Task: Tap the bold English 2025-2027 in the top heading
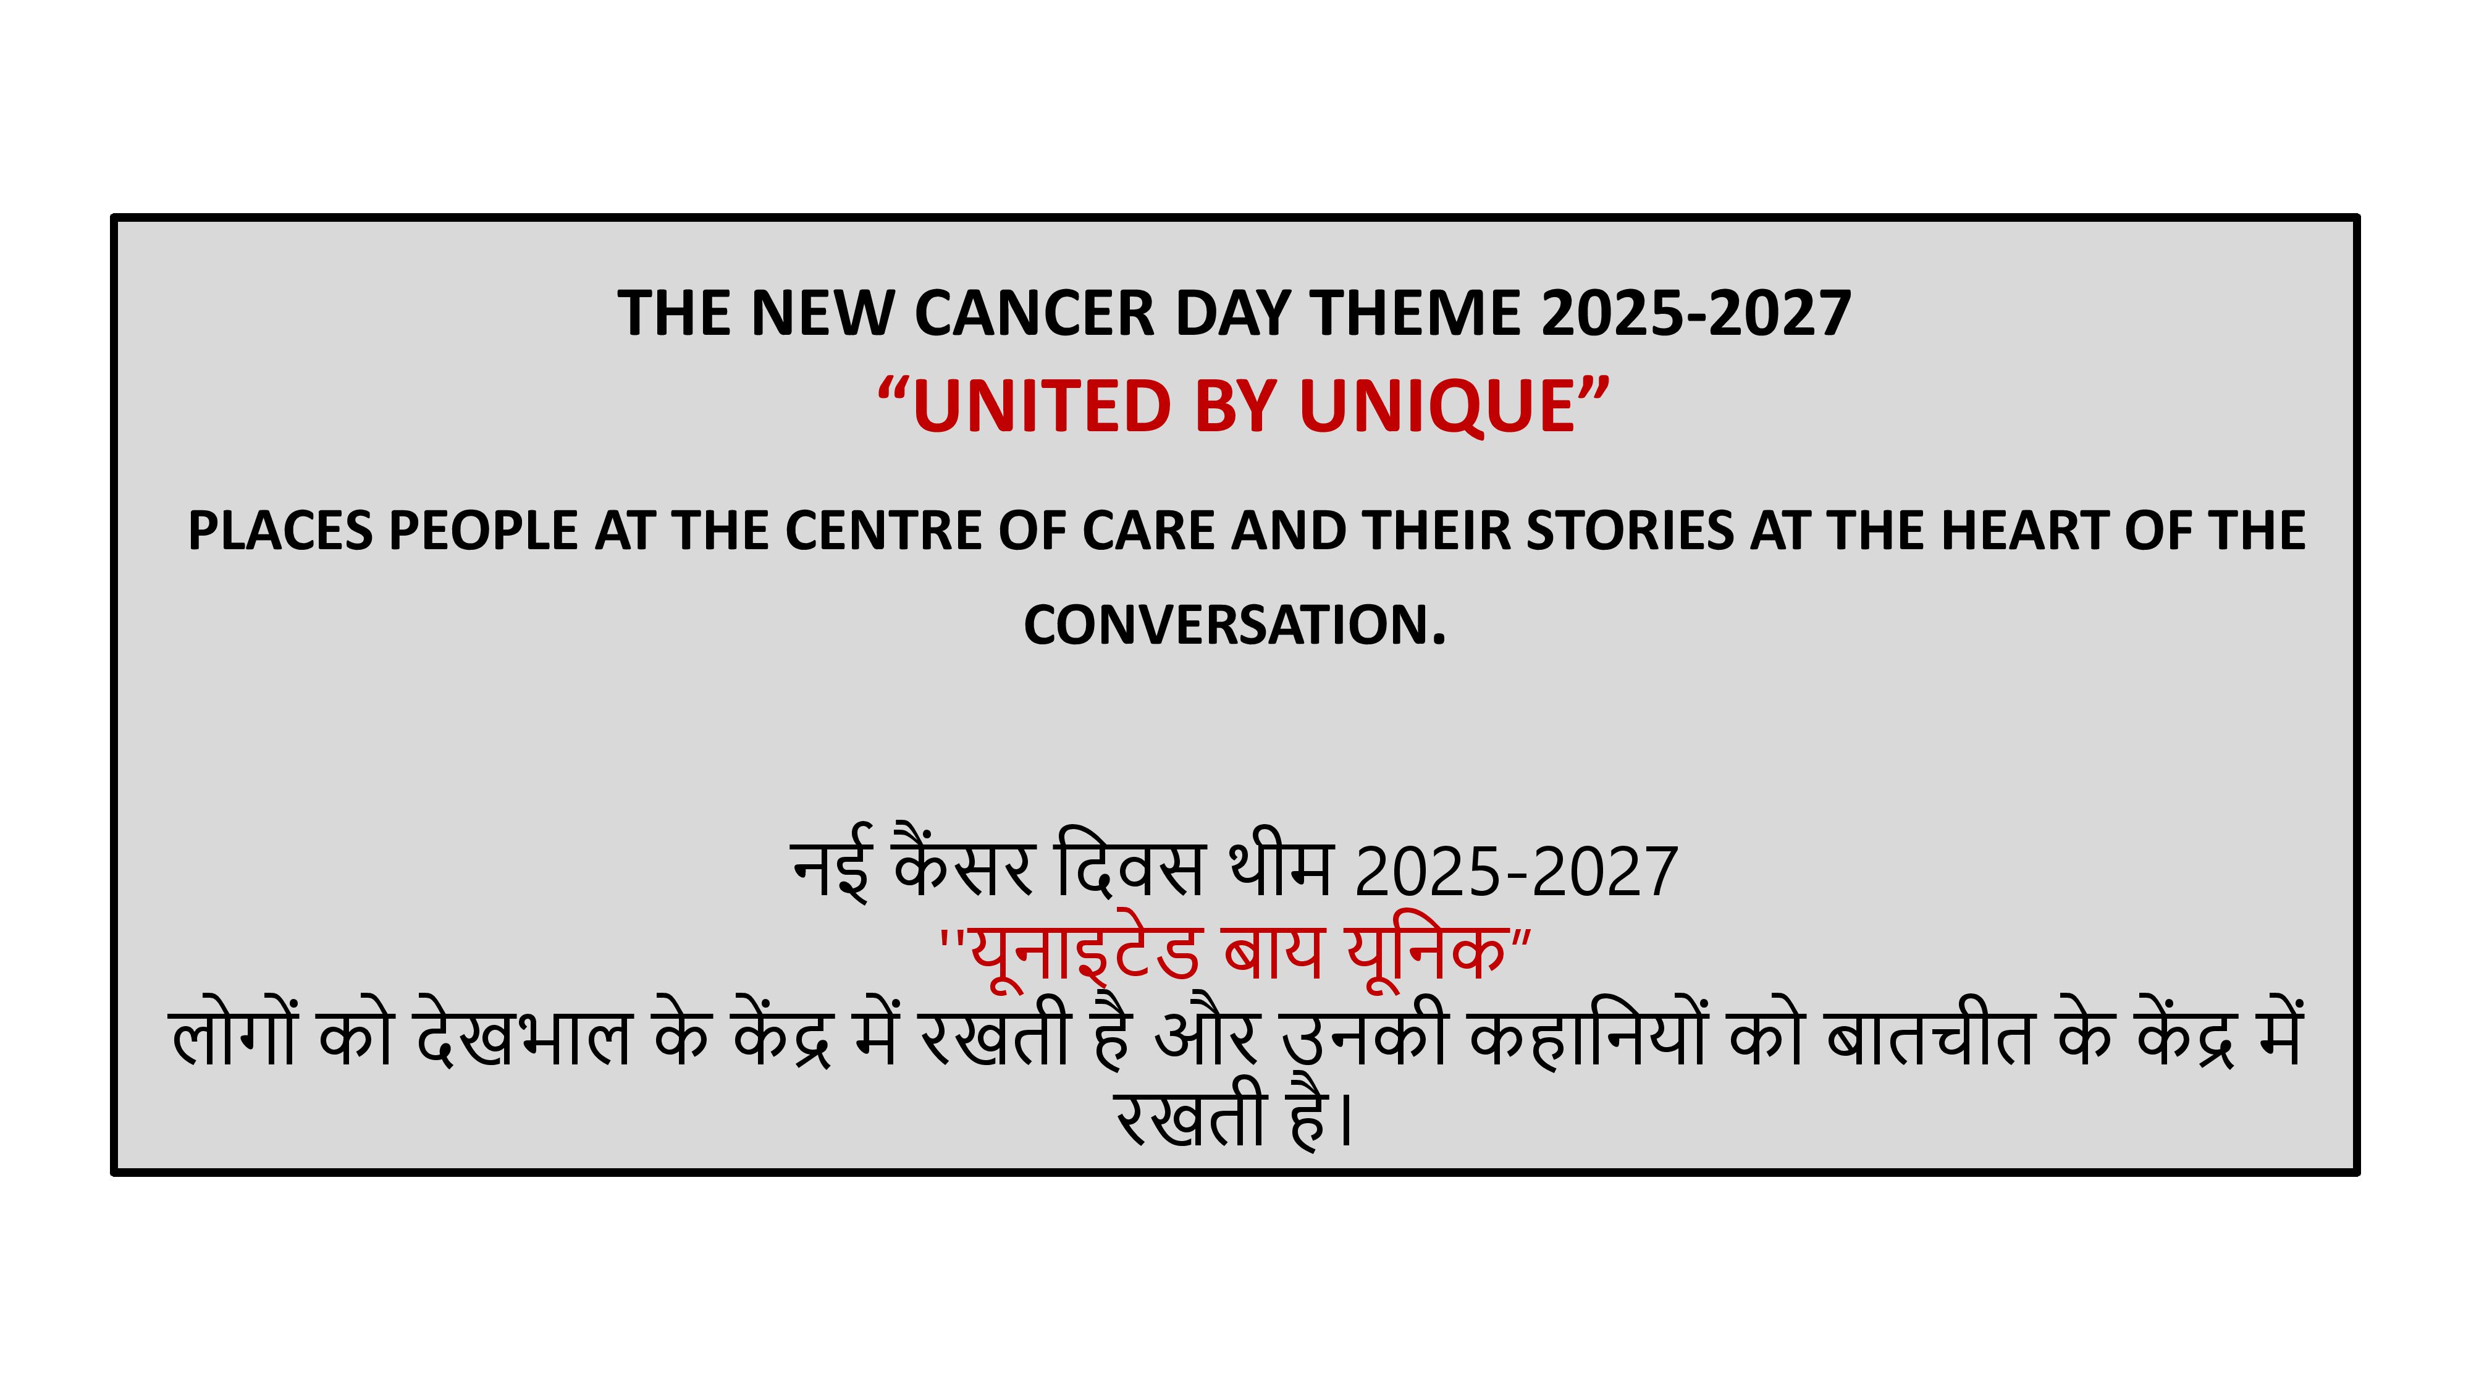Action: (x=1695, y=314)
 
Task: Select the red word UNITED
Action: (x=1042, y=406)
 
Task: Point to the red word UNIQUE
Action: (x=1437, y=406)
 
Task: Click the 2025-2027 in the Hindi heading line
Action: (x=1515, y=872)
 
